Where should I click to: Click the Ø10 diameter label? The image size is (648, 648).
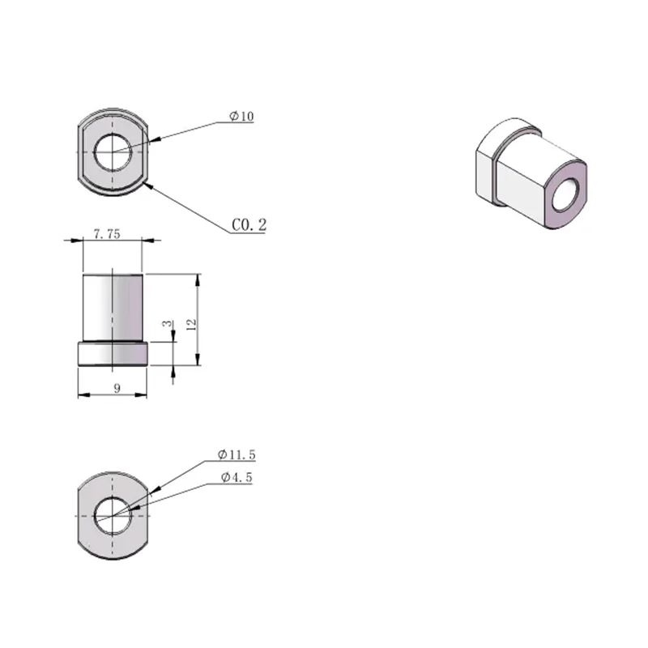click(x=241, y=116)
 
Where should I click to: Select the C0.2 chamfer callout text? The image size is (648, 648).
click(x=249, y=225)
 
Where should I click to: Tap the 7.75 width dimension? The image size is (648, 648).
click(x=107, y=234)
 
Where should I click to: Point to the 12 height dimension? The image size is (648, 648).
click(x=191, y=324)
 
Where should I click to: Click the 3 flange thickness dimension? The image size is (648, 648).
click(x=167, y=323)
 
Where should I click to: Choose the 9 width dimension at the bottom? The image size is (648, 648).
click(x=117, y=388)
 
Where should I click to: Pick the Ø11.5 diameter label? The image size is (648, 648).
click(x=237, y=454)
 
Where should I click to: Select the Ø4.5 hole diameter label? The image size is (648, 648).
click(x=237, y=477)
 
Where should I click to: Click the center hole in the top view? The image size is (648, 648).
click(x=113, y=152)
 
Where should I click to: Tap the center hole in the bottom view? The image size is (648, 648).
click(x=113, y=516)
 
